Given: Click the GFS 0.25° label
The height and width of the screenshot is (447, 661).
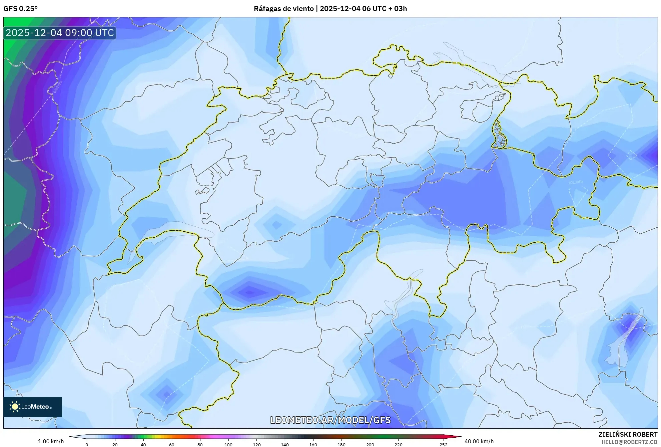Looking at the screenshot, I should [x=20, y=9].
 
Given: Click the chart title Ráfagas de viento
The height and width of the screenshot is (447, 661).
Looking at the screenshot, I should [x=284, y=9].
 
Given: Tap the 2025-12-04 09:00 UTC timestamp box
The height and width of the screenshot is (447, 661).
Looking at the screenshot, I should [x=60, y=33].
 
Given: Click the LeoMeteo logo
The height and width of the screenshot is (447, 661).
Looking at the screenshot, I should [x=33, y=407].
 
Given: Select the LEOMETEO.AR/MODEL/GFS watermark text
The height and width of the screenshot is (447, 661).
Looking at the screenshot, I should [x=330, y=420].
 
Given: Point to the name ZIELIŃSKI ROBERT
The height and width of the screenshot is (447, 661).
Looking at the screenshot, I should [x=628, y=434].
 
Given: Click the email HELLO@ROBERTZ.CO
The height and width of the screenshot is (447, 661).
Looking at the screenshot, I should [x=629, y=442].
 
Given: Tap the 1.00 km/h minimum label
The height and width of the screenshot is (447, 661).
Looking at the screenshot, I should [x=51, y=441].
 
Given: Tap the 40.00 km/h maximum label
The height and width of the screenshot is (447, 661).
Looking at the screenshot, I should [x=479, y=441].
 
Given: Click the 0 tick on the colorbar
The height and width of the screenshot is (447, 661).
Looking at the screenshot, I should [x=87, y=445].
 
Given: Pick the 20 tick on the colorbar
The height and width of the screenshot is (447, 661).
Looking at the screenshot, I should [x=115, y=445].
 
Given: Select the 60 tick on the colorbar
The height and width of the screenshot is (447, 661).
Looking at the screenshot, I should [x=172, y=445].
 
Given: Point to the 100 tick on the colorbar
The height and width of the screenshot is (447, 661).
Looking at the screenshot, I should [x=228, y=445].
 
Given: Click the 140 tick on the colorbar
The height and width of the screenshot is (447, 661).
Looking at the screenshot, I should [x=285, y=445].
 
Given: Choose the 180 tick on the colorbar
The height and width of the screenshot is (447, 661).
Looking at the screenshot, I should [x=342, y=445].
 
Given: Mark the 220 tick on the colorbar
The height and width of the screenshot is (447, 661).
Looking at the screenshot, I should [x=398, y=445].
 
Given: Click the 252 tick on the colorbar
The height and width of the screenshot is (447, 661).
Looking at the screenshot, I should [x=443, y=445].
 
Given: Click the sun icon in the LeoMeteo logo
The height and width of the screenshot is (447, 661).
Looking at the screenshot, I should [x=15, y=407].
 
